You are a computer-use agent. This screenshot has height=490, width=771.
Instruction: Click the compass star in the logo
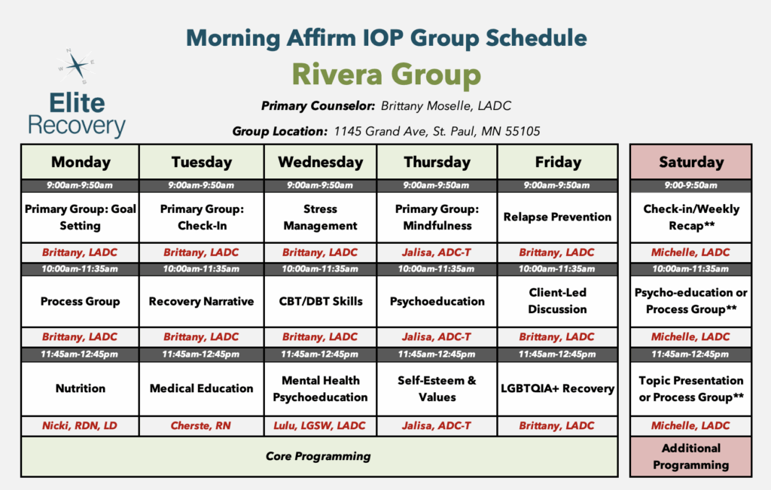pos(77,65)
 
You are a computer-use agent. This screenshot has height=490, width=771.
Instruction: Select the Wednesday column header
pos(321,162)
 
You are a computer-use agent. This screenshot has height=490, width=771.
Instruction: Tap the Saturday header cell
pos(691,162)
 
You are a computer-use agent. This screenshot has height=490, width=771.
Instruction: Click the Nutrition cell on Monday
pos(80,388)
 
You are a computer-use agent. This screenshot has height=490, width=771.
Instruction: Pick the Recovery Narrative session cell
pos(202,301)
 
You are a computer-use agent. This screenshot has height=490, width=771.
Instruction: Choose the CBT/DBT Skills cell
pos(321,301)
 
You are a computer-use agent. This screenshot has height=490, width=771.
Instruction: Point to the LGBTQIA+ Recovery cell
pos(558,388)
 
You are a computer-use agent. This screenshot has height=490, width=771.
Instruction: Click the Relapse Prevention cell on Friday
pos(558,218)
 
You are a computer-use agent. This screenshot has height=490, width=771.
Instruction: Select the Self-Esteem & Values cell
pos(437,388)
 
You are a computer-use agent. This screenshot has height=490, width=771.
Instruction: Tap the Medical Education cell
pos(202,388)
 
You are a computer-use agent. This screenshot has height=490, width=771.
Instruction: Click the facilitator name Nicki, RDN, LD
pos(80,425)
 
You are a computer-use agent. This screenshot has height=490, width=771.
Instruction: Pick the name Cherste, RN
pos(200,425)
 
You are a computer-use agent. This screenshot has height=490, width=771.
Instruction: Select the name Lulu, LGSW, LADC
pos(319,425)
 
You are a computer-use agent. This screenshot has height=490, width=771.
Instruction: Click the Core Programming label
pos(318,456)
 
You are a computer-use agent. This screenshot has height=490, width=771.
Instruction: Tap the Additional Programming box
pos(691,457)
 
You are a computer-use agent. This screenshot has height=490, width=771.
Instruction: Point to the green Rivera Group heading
pos(386,75)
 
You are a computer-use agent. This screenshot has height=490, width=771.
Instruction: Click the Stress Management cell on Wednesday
pos(321,218)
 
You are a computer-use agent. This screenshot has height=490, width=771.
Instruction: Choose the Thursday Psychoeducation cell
pos(437,301)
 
